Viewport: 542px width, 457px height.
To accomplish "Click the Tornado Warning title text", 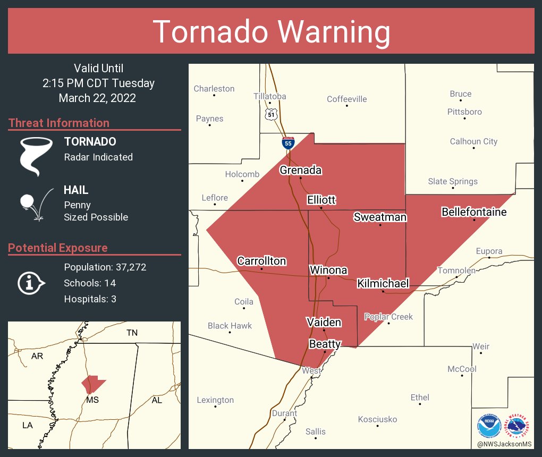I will coord(271,31).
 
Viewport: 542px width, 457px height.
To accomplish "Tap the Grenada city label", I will coord(301,171).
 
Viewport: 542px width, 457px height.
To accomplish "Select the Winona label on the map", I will coord(328,270).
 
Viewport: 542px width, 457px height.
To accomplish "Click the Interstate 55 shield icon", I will coord(288,142).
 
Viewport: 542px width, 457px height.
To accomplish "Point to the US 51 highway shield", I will coord(271,114).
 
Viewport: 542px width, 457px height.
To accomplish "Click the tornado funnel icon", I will coord(37,156).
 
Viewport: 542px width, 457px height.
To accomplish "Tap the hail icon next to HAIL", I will coord(35,204).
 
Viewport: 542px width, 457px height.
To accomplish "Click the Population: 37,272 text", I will coord(105,267).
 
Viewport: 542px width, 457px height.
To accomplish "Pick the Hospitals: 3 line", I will coord(90,299).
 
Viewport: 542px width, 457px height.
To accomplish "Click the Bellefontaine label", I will coord(474,213).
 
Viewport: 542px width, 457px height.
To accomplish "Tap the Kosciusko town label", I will coord(377,419).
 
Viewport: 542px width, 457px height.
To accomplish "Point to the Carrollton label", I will coord(261,261).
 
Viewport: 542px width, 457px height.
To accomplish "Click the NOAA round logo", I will coord(489,426).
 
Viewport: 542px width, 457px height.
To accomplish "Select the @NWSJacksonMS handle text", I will coord(505,444).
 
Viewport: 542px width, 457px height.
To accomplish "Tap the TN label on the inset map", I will coord(132,333).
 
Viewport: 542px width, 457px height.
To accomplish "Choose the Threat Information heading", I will coord(59,123).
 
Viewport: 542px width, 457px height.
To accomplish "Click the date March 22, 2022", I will coord(97,98).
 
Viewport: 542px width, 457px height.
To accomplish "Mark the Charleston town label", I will coord(214,89).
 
